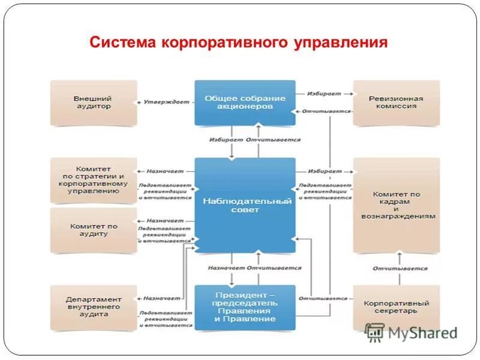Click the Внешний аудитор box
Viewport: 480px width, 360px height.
click(x=93, y=103)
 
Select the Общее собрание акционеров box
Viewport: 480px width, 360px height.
click(x=245, y=103)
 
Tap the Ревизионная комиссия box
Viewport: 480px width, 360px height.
click(x=396, y=103)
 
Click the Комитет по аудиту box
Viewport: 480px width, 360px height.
click(x=93, y=230)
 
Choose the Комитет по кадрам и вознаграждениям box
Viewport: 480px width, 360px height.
click(x=396, y=205)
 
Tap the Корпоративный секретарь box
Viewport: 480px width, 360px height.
click(x=396, y=307)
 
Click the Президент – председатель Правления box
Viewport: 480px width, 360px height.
click(x=245, y=307)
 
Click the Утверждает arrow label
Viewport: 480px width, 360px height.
click(x=166, y=103)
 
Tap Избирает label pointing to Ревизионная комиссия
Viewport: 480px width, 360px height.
click(x=324, y=94)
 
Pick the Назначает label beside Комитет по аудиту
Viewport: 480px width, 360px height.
click(x=165, y=220)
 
